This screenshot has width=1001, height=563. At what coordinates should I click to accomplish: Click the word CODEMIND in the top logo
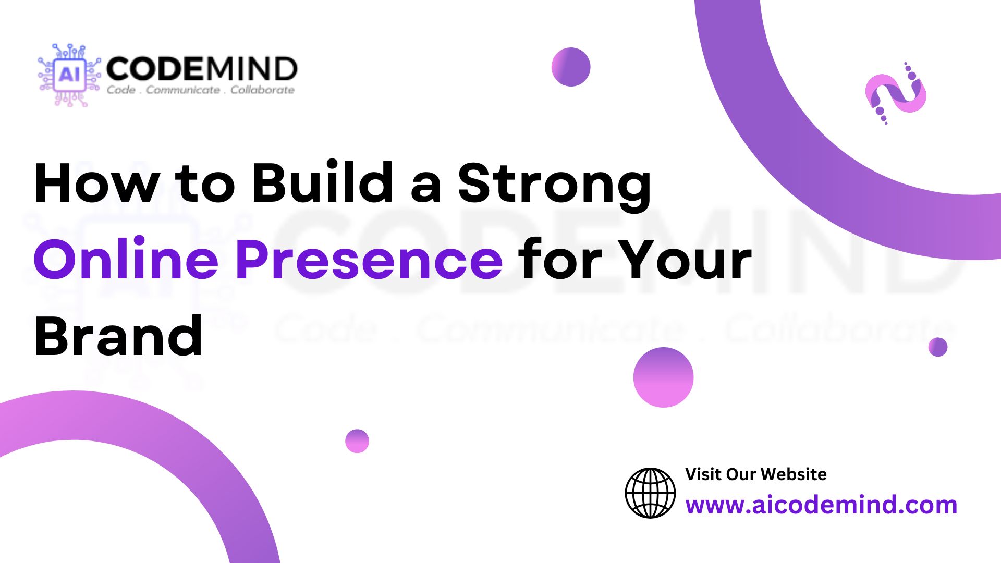(x=202, y=69)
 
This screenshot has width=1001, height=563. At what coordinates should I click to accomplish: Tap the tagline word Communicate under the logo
(x=182, y=90)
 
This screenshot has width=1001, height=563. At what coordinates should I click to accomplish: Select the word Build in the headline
(x=323, y=182)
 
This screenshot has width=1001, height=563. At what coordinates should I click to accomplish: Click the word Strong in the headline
(x=555, y=187)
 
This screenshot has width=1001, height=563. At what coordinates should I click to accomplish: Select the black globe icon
(x=650, y=493)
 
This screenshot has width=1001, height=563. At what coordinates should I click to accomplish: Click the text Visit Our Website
(x=756, y=474)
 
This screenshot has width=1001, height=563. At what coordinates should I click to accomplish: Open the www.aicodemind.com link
(x=821, y=505)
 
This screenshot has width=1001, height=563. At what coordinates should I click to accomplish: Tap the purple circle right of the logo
(x=571, y=67)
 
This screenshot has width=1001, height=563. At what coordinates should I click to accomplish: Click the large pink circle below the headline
(x=664, y=377)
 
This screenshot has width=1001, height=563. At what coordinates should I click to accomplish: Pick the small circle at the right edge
(x=938, y=347)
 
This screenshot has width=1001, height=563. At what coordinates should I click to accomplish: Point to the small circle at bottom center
(x=357, y=441)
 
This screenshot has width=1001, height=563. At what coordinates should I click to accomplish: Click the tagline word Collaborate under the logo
(x=263, y=90)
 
